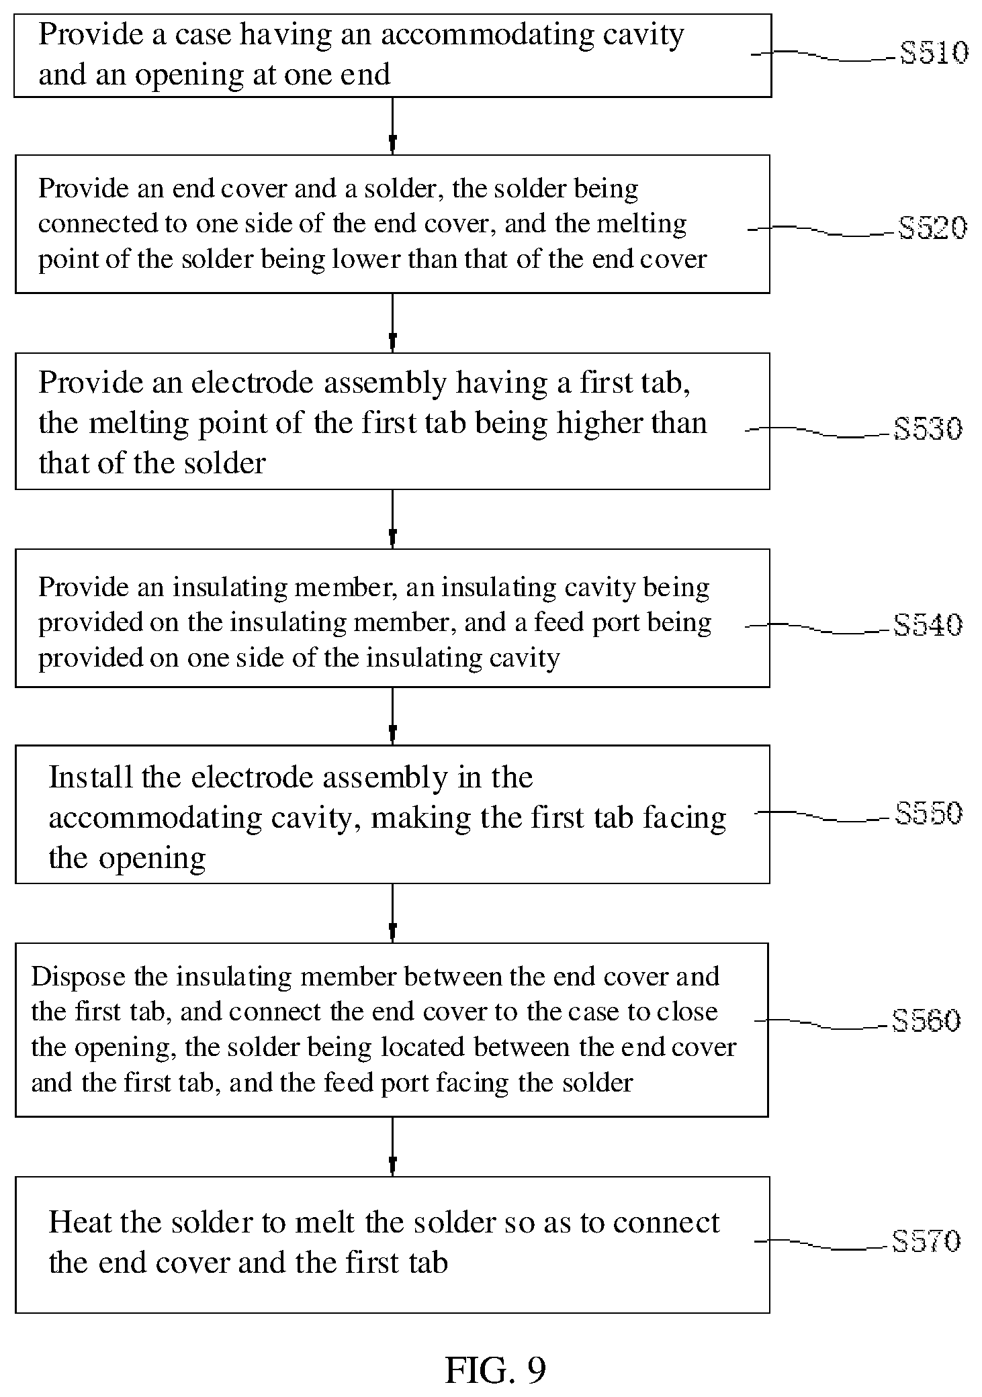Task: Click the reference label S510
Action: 934,52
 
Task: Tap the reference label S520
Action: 932,228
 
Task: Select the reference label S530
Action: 928,428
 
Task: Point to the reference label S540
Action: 928,625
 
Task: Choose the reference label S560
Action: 926,1020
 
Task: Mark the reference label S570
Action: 926,1241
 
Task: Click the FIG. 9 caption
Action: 496,1369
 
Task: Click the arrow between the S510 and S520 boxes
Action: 392,126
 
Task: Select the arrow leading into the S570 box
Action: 392,1147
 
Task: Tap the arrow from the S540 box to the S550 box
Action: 392,716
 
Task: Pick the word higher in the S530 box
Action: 602,424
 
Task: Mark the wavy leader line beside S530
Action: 819,431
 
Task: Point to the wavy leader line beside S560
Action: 823,1024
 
